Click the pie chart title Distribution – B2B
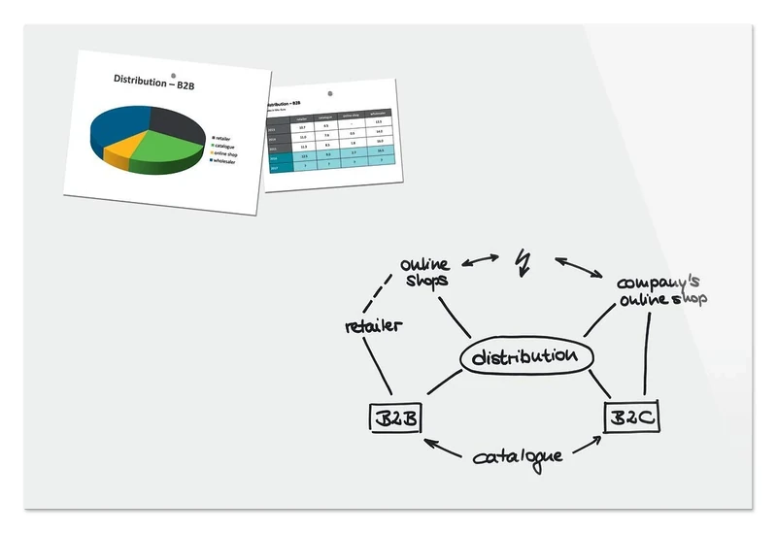154,83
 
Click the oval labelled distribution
524,357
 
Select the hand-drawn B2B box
395,418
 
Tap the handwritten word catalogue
517,455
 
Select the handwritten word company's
659,283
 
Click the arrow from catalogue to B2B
444,448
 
